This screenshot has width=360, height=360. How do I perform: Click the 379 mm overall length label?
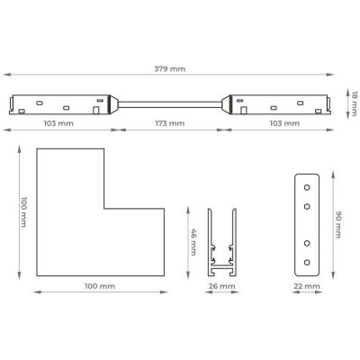[x=170, y=68]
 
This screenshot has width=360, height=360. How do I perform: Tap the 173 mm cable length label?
[x=170, y=123]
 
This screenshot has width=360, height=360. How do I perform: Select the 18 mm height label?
[x=355, y=103]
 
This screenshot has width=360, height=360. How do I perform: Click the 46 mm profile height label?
[x=193, y=242]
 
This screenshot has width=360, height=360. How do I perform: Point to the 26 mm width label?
[x=222, y=286]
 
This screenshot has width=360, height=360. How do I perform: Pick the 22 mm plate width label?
[x=307, y=286]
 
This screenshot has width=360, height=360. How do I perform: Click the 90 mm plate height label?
[x=338, y=224]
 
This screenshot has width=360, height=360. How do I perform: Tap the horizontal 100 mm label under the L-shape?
[x=100, y=286]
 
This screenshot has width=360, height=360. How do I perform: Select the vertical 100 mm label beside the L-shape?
[x=24, y=211]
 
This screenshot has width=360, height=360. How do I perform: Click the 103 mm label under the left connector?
[x=58, y=123]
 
